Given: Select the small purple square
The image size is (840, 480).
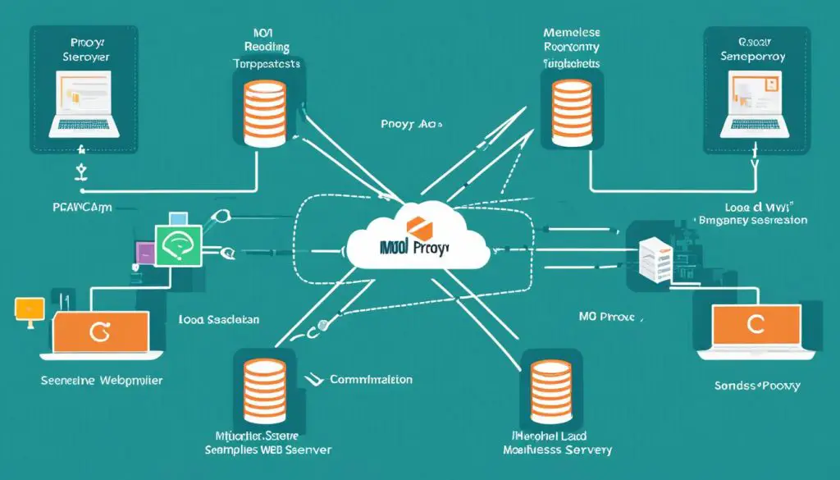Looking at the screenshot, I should click(144, 253).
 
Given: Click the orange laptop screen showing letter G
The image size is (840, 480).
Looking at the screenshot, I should click(100, 332).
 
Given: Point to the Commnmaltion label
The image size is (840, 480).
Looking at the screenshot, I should click(371, 380).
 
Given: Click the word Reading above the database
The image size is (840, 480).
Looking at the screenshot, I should click(267, 48).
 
